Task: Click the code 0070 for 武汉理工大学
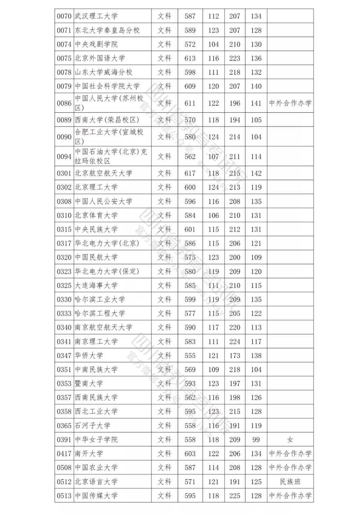tap(64, 16)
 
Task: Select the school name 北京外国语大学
tap(100, 58)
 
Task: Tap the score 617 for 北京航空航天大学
tap(190, 173)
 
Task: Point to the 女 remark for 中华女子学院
tap(290, 440)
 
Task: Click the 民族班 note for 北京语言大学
tap(290, 482)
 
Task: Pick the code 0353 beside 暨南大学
tap(64, 383)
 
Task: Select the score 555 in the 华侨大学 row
tap(190, 355)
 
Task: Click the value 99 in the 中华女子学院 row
tap(256, 440)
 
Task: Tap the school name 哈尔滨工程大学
tap(100, 313)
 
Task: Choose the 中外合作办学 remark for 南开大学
tap(290, 454)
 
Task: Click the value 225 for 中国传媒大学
tap(235, 496)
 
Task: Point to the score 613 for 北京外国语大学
tap(190, 58)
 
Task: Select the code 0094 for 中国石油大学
tap(64, 157)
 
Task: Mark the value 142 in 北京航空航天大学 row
tap(256, 173)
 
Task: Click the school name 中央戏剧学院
tap(96, 44)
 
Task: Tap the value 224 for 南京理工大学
tap(235, 342)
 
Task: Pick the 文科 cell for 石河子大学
tap(164, 425)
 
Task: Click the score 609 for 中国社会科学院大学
tap(190, 86)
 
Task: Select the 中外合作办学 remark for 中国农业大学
tap(290, 468)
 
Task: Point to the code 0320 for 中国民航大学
tap(64, 258)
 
